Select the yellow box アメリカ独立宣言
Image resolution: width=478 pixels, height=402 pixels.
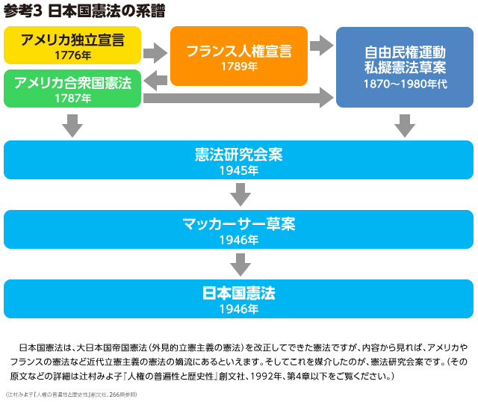coord(72,40)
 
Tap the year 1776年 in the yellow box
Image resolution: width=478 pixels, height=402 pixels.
coord(72,55)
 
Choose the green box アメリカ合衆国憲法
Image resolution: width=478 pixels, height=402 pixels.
coord(72,82)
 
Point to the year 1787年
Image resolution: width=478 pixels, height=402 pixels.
coord(72,98)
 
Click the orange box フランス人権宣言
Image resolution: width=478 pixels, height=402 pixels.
coord(239,52)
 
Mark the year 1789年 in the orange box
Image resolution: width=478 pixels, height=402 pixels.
coord(239,67)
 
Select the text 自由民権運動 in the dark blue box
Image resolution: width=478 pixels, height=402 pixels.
coord(405,52)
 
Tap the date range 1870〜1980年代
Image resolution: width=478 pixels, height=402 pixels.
coord(405,84)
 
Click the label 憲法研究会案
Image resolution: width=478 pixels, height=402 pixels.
coord(239,155)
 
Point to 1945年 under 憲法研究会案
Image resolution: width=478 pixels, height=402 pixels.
coord(239,170)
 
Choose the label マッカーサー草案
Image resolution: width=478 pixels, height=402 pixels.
coord(239,224)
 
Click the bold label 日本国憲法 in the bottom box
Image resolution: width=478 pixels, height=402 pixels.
coord(239,293)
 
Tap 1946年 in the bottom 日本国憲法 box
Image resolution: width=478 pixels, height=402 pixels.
coord(239,309)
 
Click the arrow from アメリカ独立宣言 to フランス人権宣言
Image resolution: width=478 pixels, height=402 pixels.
coord(155,53)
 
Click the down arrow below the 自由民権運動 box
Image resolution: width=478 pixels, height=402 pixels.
coord(405,126)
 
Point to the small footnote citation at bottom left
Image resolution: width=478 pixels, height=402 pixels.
coord(71,394)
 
